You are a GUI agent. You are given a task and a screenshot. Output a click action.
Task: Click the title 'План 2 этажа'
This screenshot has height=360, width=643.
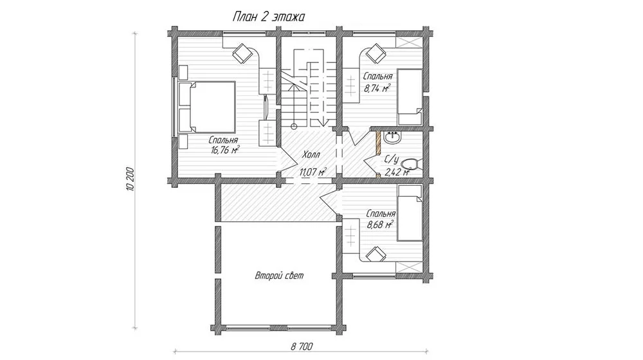(x=269, y=17)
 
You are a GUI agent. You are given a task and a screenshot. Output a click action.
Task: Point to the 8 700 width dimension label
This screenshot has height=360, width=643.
(x=302, y=346)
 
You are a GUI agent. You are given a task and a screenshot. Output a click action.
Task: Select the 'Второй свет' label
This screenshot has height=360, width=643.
(x=279, y=276)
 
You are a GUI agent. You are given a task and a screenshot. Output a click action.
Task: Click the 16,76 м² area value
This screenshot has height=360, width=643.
(x=225, y=150)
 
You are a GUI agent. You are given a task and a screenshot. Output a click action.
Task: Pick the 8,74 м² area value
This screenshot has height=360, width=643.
(x=377, y=87)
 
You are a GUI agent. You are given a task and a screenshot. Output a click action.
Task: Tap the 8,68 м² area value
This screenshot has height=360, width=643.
(x=380, y=224)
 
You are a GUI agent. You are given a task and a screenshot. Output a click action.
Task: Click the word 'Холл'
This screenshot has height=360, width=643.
(x=311, y=154)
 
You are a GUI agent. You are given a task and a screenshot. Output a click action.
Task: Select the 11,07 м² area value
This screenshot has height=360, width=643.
(x=313, y=172)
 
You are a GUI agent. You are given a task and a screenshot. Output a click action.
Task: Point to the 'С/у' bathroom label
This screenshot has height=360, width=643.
(x=392, y=159)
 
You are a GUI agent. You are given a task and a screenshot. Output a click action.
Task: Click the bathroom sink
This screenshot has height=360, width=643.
(x=392, y=138)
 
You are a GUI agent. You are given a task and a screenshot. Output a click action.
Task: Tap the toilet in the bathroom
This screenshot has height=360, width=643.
(x=410, y=164)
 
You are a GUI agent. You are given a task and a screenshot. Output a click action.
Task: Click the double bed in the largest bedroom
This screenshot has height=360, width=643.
(x=207, y=107)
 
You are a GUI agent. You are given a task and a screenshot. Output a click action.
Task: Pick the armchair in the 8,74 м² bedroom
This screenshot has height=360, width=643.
(x=375, y=53)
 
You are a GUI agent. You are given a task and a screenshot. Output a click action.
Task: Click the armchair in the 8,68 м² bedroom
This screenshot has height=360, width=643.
(x=376, y=254)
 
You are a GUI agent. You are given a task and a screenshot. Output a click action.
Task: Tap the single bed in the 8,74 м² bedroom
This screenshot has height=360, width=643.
(x=410, y=97)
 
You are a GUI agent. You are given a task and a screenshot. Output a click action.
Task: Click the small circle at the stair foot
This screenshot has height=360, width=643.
(x=294, y=126)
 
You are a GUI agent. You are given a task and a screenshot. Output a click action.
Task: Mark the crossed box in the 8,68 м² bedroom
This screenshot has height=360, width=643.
(x=409, y=267)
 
